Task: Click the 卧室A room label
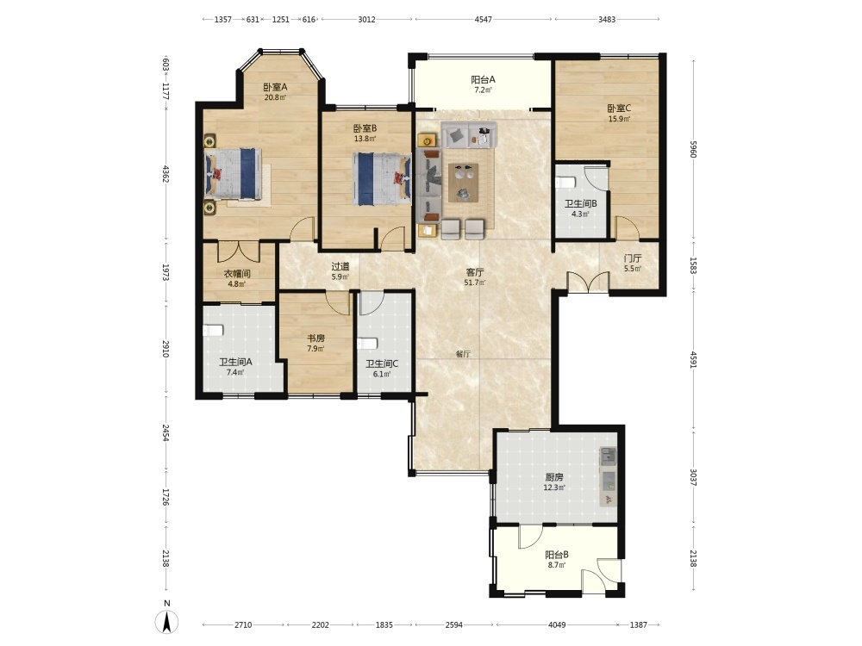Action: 275,87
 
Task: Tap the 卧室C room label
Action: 619,109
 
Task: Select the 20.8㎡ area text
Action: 275,98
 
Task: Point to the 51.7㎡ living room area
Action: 475,283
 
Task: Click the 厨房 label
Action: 553,477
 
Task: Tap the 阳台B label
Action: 556,555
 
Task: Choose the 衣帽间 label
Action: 237,273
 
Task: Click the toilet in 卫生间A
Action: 213,330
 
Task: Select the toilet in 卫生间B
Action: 565,182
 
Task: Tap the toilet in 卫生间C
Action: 367,344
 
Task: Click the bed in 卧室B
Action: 382,178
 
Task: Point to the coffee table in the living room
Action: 463,183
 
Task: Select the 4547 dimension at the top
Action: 484,19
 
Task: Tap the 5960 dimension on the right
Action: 693,149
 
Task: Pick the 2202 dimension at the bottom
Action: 321,624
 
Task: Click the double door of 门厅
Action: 588,282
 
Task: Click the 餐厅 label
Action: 463,354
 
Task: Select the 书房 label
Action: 315,339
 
